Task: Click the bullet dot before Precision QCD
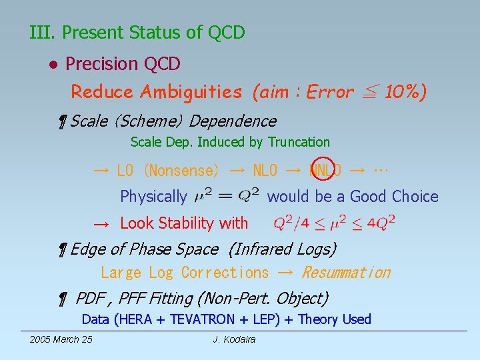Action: click(52, 65)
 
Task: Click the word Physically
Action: click(153, 197)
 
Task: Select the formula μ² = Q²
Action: click(226, 196)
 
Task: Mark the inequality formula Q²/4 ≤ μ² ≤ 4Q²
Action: click(334, 223)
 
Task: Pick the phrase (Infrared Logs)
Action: click(282, 249)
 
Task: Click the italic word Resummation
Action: click(346, 273)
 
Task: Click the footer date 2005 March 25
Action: click(61, 340)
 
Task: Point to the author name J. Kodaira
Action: click(234, 340)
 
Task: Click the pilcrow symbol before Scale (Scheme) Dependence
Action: click(62, 121)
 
